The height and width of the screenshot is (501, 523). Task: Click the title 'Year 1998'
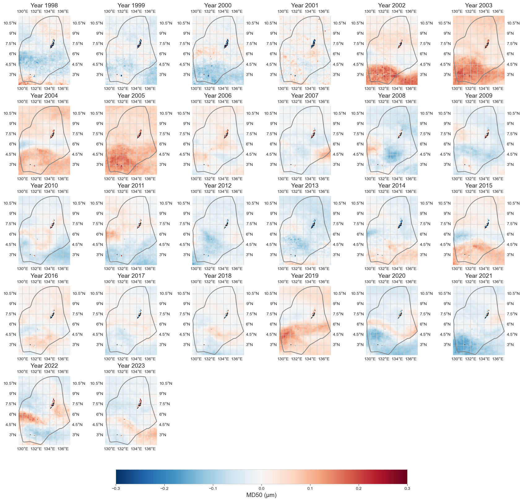pyautogui.click(x=44, y=5)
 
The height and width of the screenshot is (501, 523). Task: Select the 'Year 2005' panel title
pyautogui.click(x=131, y=95)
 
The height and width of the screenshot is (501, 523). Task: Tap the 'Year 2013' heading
pyautogui.click(x=305, y=185)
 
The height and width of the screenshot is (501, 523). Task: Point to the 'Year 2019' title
pyautogui.click(x=305, y=276)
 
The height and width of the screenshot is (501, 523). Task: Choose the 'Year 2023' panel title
pyautogui.click(x=131, y=366)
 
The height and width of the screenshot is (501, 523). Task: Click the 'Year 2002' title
pyautogui.click(x=392, y=5)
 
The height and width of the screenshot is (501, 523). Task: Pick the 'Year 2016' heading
pyautogui.click(x=44, y=276)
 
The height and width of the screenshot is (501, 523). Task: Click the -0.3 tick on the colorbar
pyautogui.click(x=116, y=488)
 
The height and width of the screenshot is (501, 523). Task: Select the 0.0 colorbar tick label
pyautogui.click(x=261, y=488)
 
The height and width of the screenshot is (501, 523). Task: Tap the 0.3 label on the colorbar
pyautogui.click(x=407, y=488)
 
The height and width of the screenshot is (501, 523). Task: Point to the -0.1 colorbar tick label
pyautogui.click(x=213, y=488)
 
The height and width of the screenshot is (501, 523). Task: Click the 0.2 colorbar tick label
pyautogui.click(x=359, y=488)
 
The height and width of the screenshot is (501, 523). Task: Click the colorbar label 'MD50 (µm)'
pyautogui.click(x=261, y=495)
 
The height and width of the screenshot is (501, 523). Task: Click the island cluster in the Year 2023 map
pyautogui.click(x=140, y=404)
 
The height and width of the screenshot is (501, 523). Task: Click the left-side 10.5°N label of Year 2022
pyautogui.click(x=10, y=384)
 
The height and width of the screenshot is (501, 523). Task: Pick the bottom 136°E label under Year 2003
pyautogui.click(x=498, y=89)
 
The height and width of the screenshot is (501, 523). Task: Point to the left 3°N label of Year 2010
pyautogui.click(x=13, y=255)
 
